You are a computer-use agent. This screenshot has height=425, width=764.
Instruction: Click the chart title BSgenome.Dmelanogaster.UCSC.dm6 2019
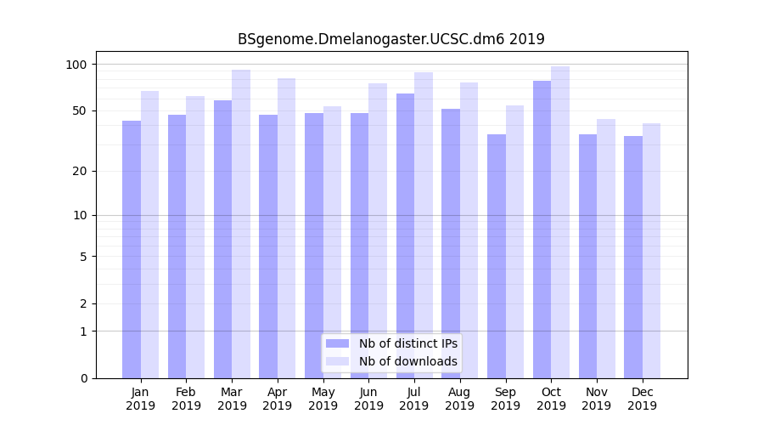coord(390,39)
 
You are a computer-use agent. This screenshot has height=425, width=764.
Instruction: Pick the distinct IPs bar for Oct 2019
coord(542,229)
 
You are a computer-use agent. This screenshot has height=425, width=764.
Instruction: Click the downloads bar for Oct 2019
coord(560,222)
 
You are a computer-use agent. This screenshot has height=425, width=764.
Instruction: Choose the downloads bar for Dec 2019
coord(651,251)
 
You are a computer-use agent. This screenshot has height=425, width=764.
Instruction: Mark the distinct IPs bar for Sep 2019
coord(497,256)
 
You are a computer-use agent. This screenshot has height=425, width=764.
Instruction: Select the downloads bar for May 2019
coord(332,242)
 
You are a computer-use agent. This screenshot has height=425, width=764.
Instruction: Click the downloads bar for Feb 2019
coord(195,237)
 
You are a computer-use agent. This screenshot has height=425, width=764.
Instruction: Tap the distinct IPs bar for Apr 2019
coord(268,246)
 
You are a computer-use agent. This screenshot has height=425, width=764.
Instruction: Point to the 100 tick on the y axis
coord(76,65)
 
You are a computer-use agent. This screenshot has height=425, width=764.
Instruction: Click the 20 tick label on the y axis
coord(80,171)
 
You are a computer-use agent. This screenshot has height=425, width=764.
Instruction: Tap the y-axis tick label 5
coord(83,257)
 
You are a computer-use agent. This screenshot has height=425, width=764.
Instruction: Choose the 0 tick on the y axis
coord(83,378)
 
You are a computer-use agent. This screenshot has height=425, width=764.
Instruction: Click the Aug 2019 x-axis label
coord(460,399)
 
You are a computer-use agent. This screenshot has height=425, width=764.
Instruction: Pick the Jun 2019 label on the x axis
coord(368,399)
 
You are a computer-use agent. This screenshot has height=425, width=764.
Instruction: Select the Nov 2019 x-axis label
coord(597,399)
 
